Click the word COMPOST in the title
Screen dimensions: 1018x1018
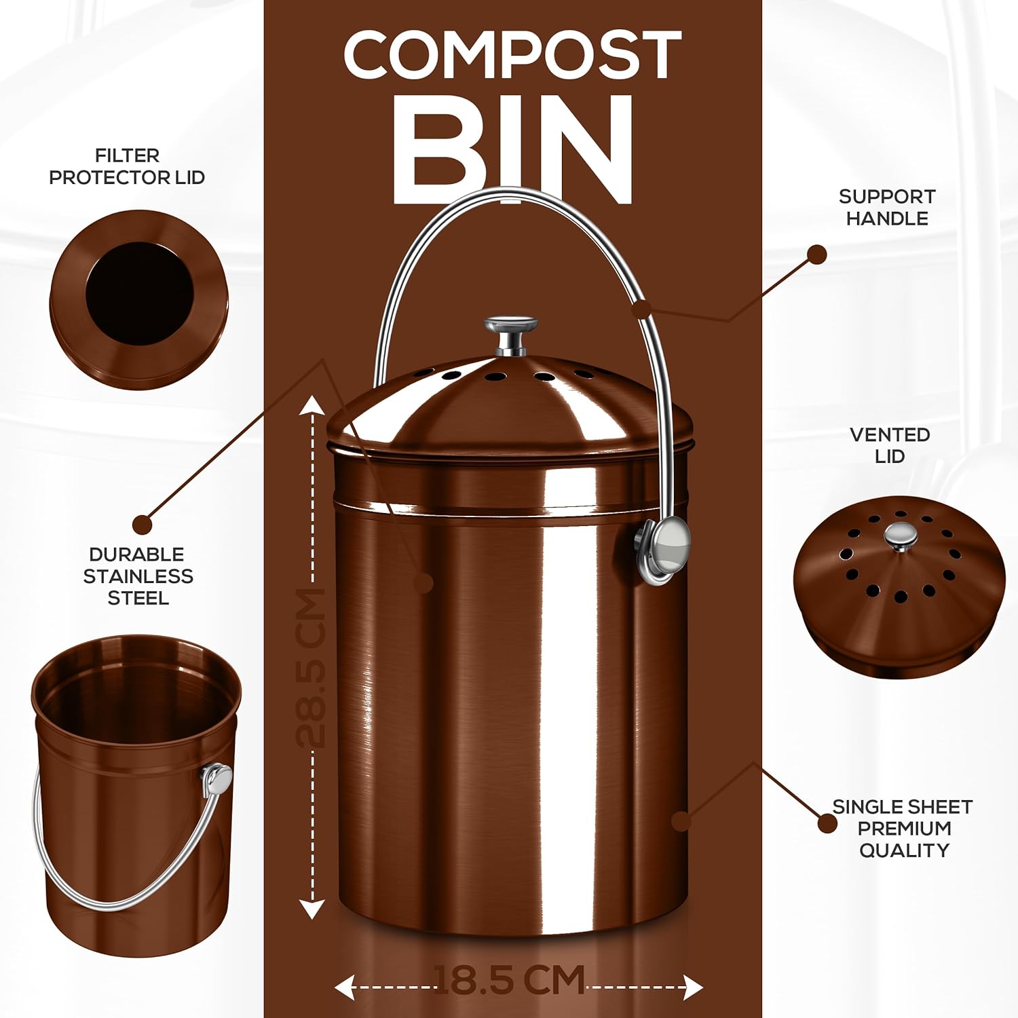click(512, 55)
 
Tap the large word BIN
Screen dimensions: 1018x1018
click(512, 149)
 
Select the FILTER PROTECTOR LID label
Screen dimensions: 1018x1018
click(127, 166)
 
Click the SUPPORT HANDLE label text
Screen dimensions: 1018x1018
click(887, 207)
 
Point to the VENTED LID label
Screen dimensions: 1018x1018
click(890, 445)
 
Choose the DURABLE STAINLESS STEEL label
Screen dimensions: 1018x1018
click(138, 576)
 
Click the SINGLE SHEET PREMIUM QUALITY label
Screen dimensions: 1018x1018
click(903, 828)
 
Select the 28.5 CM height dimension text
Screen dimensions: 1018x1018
click(312, 668)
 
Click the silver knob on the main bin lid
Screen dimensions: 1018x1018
click(511, 335)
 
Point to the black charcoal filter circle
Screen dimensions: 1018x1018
click(140, 294)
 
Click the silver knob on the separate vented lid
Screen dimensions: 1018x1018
click(900, 535)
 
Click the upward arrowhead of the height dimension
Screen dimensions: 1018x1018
click(312, 405)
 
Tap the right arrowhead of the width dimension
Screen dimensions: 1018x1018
click(693, 987)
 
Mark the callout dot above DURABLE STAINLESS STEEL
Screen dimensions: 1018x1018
click(143, 524)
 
